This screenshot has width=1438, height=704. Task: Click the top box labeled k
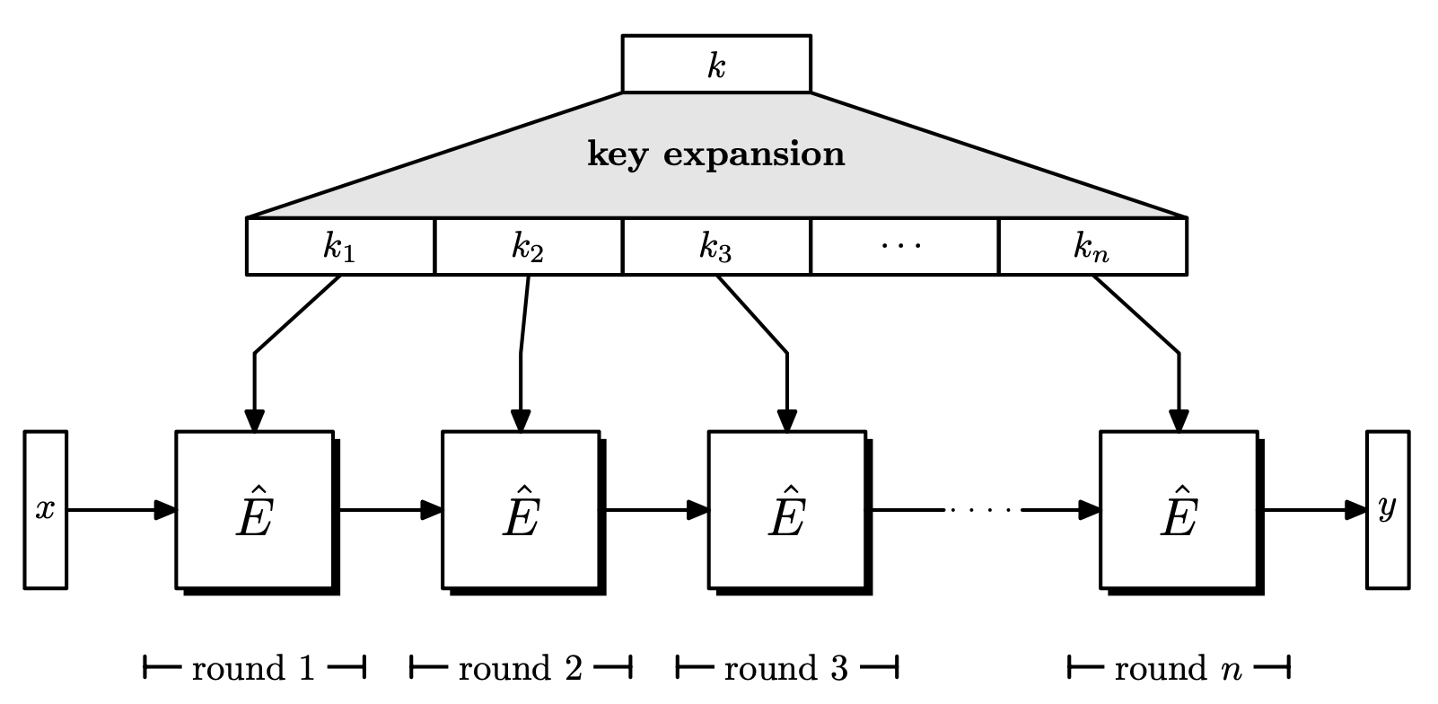(x=716, y=64)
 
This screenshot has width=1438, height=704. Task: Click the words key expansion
(x=716, y=154)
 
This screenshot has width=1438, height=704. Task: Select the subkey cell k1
(x=340, y=246)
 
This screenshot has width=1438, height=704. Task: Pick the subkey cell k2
(x=528, y=246)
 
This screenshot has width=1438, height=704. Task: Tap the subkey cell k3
(x=716, y=246)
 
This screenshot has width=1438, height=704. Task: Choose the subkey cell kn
(x=1092, y=246)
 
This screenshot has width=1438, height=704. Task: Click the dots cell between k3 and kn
(x=904, y=246)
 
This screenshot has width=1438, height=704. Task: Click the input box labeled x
(x=45, y=510)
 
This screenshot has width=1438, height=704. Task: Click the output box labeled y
(x=1388, y=510)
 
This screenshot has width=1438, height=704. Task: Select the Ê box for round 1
(x=254, y=510)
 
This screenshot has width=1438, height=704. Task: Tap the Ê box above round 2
(x=521, y=510)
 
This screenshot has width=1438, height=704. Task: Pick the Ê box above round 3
(x=786, y=510)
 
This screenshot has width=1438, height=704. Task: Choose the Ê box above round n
(x=1179, y=510)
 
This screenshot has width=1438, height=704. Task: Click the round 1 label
(x=254, y=668)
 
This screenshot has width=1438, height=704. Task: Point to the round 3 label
(x=786, y=668)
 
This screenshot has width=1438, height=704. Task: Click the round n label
(x=1179, y=668)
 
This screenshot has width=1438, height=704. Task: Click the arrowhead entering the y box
(x=1355, y=510)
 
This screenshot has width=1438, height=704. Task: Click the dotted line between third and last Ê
(x=983, y=510)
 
